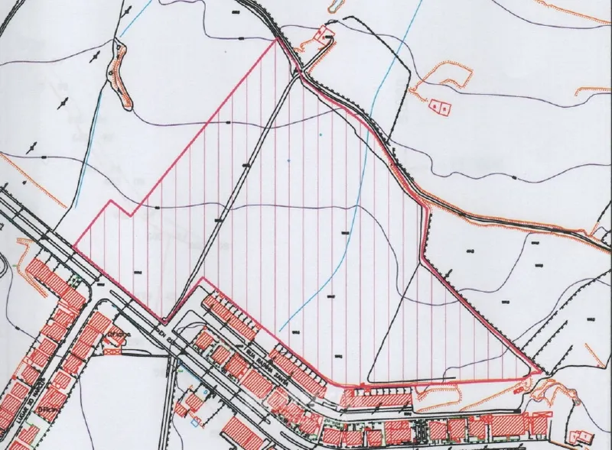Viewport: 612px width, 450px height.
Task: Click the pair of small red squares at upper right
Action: click(x=439, y=108)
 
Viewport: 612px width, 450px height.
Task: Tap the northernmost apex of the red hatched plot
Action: click(x=275, y=40)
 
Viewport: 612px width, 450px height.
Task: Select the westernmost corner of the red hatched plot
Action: click(x=74, y=247)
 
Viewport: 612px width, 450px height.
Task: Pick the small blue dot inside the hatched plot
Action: click(x=289, y=160)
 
